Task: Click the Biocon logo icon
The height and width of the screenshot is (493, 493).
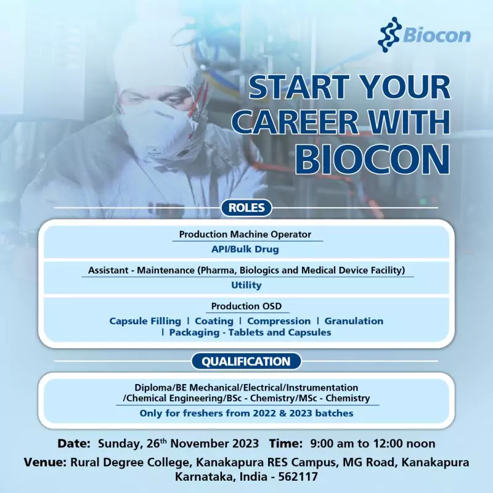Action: click(x=388, y=34)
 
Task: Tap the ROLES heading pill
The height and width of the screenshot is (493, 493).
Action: click(x=246, y=208)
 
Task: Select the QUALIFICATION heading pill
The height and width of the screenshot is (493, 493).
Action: click(x=246, y=361)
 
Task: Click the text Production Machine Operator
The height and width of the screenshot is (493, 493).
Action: click(x=245, y=234)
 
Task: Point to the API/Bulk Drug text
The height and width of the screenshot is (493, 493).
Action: click(x=246, y=250)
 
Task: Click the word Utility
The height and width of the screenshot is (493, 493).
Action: click(x=246, y=285)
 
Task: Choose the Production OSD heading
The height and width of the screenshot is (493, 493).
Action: click(x=246, y=306)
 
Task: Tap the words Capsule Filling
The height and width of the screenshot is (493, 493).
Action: click(x=145, y=321)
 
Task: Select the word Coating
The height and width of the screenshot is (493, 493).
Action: click(x=214, y=321)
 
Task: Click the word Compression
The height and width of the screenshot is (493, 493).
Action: click(x=279, y=321)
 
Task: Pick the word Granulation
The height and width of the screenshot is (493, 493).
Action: click(x=354, y=321)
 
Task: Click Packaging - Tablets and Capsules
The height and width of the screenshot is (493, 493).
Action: click(x=250, y=333)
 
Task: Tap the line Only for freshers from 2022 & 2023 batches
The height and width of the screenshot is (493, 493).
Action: click(x=246, y=413)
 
